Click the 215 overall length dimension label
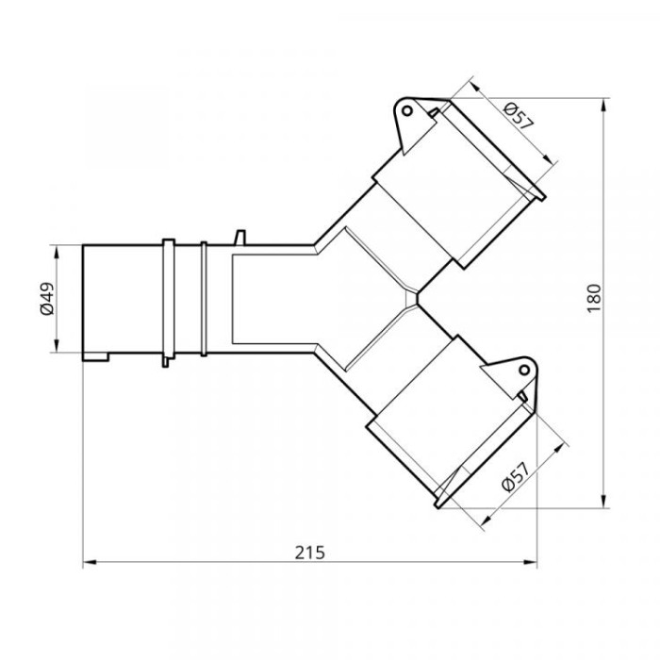310,553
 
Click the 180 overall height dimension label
594,299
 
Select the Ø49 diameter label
47,299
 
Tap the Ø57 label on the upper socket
519,115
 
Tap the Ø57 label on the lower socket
515,477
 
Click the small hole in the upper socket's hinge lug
407,110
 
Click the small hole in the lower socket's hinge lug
524,371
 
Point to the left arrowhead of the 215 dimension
90,562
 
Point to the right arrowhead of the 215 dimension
530,562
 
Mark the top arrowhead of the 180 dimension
604,105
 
